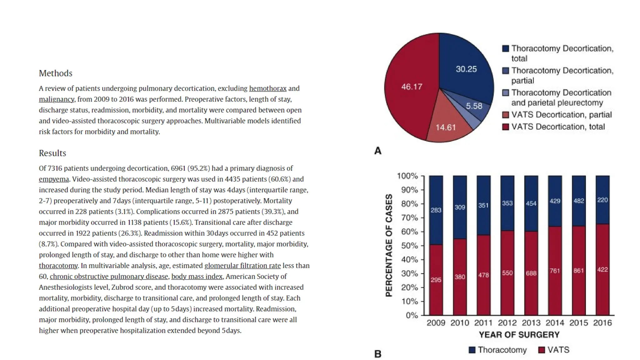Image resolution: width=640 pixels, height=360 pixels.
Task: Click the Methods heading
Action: (55, 73)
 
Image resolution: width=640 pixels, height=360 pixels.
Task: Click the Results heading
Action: (52, 153)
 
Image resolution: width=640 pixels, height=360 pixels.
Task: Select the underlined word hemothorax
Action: (267, 88)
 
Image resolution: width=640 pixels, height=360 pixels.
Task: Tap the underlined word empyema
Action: (54, 179)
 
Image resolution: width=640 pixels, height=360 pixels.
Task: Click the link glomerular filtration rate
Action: (242, 266)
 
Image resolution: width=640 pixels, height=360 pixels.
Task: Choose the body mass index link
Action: (197, 277)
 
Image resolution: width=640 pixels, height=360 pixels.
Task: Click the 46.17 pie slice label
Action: (412, 87)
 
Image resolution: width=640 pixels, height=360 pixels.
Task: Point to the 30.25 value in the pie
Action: (466, 69)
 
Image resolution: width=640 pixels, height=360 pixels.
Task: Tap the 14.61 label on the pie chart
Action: (446, 127)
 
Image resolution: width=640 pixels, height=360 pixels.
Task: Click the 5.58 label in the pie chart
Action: (474, 106)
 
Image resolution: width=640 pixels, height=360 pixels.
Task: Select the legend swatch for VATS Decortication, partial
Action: (505, 115)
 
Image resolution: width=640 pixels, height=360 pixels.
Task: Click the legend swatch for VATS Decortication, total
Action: (505, 127)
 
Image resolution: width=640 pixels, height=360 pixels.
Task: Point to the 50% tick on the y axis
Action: (409, 246)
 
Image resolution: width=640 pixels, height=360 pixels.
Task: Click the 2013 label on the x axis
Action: (531, 323)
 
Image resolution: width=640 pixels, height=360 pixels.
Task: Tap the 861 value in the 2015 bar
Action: (578, 271)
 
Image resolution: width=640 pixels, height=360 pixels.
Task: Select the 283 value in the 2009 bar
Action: (436, 210)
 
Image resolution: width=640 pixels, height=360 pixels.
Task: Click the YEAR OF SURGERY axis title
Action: (519, 335)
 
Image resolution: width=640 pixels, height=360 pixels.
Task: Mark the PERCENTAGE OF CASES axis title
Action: (388, 245)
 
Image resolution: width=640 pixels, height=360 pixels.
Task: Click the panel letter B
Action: (377, 354)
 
